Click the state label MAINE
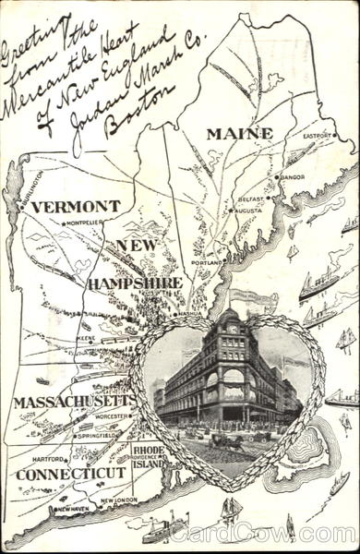tap(239, 134)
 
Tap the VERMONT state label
tap(75, 206)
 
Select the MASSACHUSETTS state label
tap(75, 402)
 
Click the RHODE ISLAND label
tap(149, 457)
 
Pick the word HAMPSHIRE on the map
tap(135, 283)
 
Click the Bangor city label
tap(293, 175)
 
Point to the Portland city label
tap(207, 261)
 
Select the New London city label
tap(118, 500)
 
